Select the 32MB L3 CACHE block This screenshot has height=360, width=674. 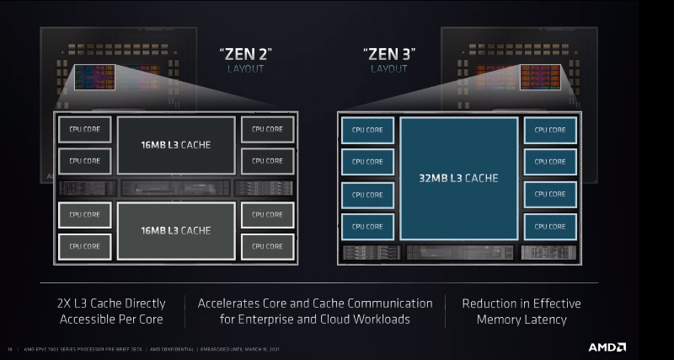click(458, 178)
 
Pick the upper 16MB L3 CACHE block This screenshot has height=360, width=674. click(175, 145)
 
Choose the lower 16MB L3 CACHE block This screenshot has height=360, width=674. click(175, 230)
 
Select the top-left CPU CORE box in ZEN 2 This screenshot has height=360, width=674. click(85, 130)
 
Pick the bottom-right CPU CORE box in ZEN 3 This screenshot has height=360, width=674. click(550, 226)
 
